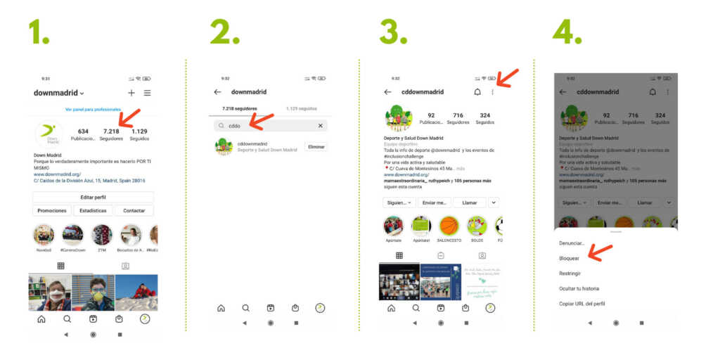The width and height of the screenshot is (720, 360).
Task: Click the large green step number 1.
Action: click(x=39, y=32)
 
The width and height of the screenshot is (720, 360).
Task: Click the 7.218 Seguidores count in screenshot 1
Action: click(x=111, y=134)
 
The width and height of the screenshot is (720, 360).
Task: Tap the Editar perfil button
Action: click(x=93, y=197)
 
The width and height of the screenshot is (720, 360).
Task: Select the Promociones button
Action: click(x=52, y=210)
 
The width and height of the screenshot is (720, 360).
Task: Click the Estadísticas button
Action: click(x=93, y=210)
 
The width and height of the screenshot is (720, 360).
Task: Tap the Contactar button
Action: click(x=134, y=210)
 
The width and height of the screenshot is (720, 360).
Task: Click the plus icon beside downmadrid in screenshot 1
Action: click(x=131, y=93)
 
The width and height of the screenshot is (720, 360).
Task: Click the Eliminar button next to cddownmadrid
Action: click(x=316, y=147)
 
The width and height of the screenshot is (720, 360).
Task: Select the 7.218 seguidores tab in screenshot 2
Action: click(x=239, y=109)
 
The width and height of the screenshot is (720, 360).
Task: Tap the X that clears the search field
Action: click(x=321, y=126)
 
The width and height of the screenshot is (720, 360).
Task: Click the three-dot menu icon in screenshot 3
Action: click(x=492, y=92)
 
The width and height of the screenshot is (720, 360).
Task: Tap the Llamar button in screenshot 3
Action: click(x=469, y=202)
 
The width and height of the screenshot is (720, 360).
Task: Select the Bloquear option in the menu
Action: click(x=570, y=258)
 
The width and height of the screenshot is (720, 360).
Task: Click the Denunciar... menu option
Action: click(x=572, y=243)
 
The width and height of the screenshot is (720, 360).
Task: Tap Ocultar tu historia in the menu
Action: click(x=579, y=288)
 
